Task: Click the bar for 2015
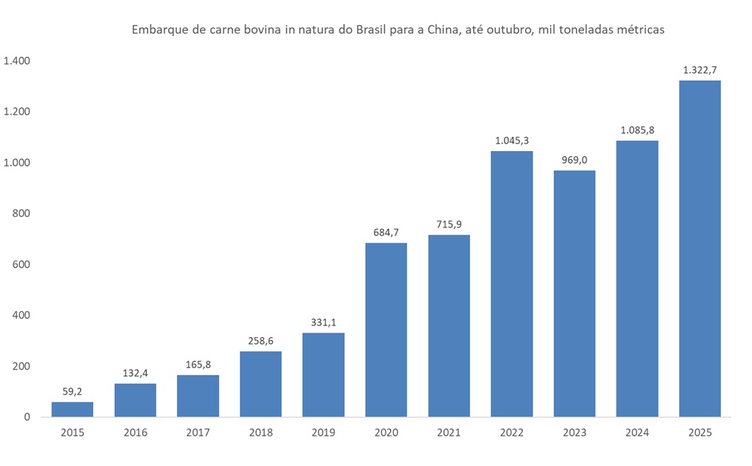pos(72,409)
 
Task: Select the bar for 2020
pos(386,330)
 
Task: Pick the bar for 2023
pos(574,293)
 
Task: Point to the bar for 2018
pos(261,384)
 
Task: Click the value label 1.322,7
pos(699,70)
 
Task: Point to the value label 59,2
pos(72,392)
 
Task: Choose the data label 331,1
pos(323,323)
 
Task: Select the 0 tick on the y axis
pos(27,417)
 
